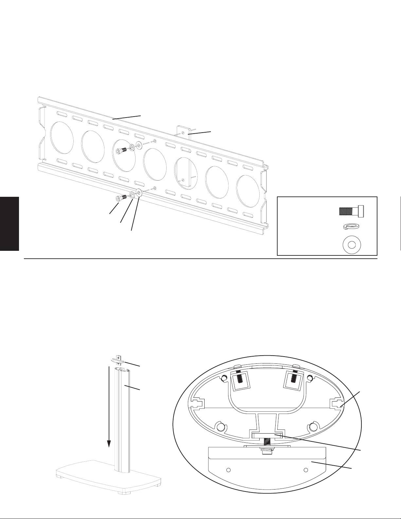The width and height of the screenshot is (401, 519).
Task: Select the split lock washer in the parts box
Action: (351, 227)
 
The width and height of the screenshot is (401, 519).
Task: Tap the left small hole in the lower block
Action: (229, 470)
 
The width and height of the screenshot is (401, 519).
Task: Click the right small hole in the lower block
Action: (306, 470)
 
